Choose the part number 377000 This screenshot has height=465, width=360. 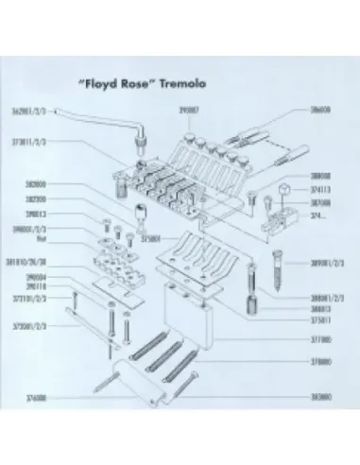tap(321, 336)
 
